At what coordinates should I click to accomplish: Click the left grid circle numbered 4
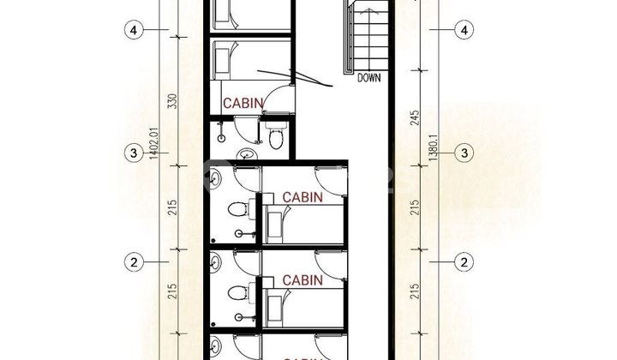(133, 30)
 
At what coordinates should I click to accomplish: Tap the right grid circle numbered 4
(464, 30)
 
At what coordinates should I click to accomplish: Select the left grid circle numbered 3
(133, 153)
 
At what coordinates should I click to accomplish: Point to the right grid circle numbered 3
(464, 153)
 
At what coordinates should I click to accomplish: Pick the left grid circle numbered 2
(133, 261)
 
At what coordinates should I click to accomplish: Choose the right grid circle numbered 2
(464, 261)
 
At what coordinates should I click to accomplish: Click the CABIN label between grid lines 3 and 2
(303, 196)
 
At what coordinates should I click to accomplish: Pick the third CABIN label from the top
(303, 279)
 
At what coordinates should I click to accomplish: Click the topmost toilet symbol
(275, 137)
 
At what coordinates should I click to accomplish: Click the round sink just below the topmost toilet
(248, 155)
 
